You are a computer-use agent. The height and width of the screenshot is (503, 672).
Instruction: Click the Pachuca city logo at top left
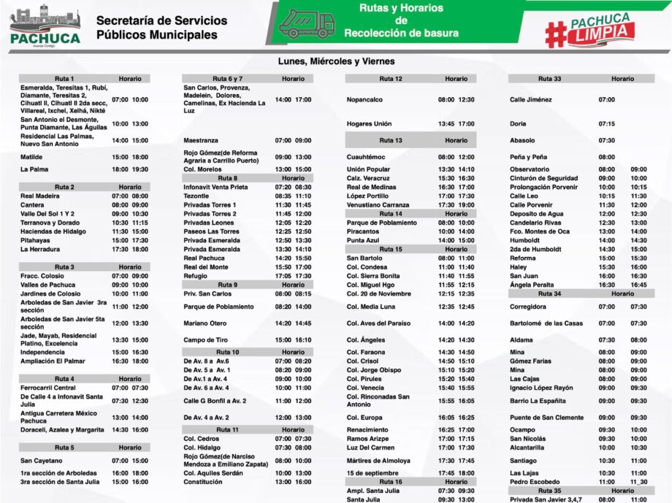tap(45, 25)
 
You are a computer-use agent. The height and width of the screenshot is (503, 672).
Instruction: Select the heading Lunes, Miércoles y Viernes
tap(336, 62)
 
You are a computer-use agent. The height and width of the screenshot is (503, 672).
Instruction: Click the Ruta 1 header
tap(64, 79)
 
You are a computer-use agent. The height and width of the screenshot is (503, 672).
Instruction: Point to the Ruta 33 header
tap(549, 79)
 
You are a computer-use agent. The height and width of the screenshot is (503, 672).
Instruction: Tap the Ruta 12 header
tap(391, 79)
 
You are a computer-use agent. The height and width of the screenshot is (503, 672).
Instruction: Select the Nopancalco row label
tap(364, 99)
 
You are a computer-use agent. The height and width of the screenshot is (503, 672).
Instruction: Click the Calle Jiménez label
tap(531, 99)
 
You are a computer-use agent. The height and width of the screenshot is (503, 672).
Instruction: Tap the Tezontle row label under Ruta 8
tap(196, 196)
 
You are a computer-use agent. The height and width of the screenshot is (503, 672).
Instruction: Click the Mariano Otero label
tap(205, 323)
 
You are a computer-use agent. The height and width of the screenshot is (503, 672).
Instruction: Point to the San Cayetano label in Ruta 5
tap(42, 461)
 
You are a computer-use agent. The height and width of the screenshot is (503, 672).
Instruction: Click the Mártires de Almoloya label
tap(378, 461)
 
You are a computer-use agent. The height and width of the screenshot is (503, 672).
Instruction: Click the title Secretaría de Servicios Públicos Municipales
tap(161, 28)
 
